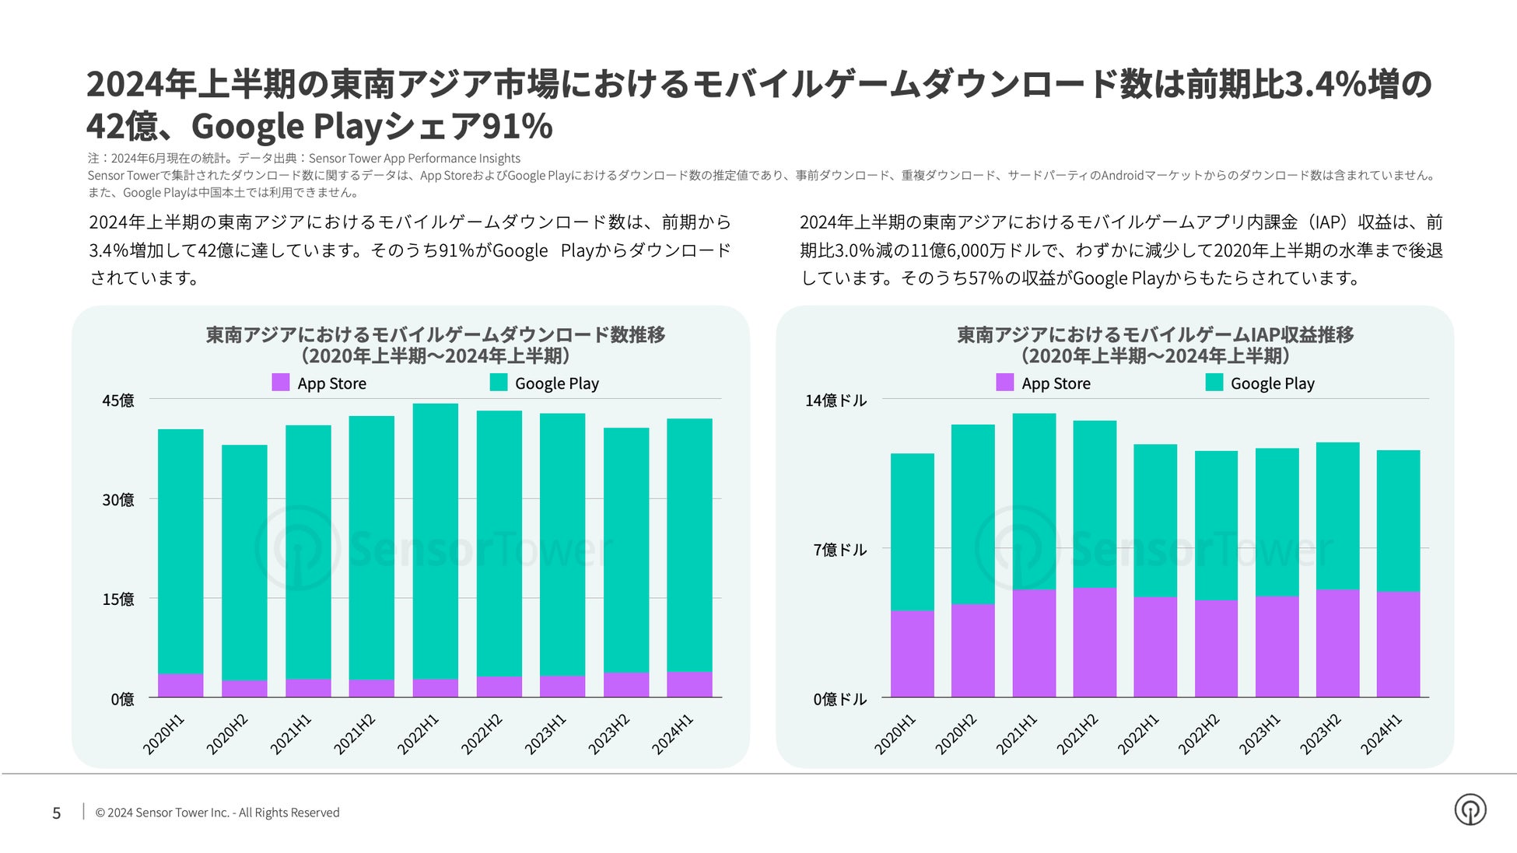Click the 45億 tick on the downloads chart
click(x=118, y=400)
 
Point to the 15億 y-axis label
click(x=118, y=600)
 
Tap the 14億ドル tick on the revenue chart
click(x=836, y=400)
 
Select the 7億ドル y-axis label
click(x=839, y=550)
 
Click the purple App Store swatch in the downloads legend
click(x=280, y=383)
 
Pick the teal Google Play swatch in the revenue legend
click(x=1214, y=383)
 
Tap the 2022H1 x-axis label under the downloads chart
click(x=419, y=734)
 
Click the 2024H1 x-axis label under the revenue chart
click(x=1381, y=734)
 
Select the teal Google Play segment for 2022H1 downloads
click(x=435, y=540)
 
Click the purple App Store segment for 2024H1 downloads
click(x=689, y=684)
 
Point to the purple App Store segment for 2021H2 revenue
click(x=1095, y=642)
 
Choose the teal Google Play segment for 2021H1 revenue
click(x=1034, y=502)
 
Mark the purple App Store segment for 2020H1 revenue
click(x=912, y=654)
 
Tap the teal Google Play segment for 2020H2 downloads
click(x=244, y=562)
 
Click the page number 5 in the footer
click(x=57, y=813)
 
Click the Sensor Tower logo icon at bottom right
click(x=1470, y=810)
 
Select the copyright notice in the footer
click(x=217, y=813)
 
